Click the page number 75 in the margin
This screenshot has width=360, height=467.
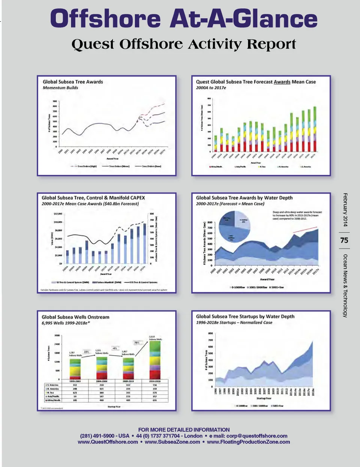tap(344, 240)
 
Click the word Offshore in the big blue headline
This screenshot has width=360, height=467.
tap(105, 19)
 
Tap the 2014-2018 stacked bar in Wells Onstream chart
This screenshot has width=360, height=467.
tap(154, 360)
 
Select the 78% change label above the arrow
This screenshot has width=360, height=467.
tap(136, 342)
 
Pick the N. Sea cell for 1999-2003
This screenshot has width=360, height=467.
tap(75, 392)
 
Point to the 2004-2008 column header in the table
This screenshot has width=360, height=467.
tap(101, 381)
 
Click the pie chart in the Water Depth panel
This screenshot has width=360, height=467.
tap(235, 227)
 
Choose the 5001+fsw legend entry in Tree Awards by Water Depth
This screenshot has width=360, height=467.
tap(277, 287)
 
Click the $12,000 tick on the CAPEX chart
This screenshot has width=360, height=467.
tap(58, 214)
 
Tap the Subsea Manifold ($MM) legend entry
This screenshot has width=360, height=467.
tap(106, 282)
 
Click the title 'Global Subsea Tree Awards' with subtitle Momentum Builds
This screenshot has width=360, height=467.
tap(73, 82)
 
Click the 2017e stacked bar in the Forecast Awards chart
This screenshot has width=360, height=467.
tap(315, 129)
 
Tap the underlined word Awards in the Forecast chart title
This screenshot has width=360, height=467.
tap(282, 82)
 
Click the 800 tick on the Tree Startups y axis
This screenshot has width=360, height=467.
tap(210, 333)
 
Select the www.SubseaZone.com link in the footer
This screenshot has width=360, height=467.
tap(172, 442)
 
